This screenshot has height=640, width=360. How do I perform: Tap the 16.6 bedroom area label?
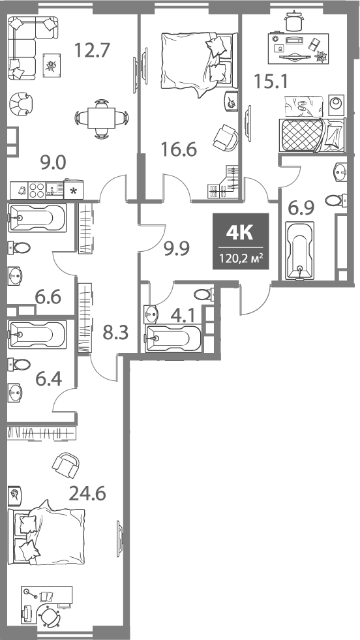[179, 151]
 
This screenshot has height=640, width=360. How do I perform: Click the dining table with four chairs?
[99, 118]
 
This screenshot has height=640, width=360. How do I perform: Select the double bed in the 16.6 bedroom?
[197, 62]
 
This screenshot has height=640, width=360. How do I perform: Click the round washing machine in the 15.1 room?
[337, 103]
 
